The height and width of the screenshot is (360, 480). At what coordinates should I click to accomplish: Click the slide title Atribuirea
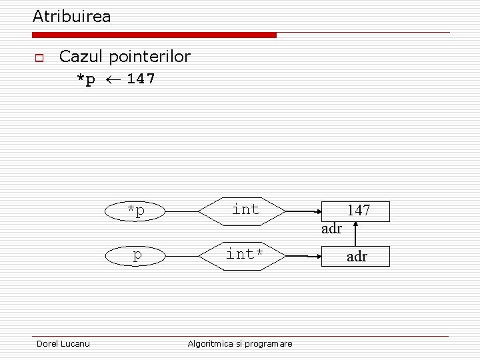click(72, 16)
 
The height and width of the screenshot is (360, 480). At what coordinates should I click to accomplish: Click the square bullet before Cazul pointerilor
click(39, 58)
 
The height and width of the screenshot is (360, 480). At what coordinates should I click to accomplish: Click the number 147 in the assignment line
click(141, 79)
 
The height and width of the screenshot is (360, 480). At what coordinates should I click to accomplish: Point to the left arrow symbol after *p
click(111, 79)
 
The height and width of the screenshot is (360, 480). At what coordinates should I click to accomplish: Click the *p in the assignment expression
click(85, 79)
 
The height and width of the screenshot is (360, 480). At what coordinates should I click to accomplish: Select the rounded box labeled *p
click(137, 211)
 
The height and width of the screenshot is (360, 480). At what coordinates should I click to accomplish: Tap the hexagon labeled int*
click(245, 255)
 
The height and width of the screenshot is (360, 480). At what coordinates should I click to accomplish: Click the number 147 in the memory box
click(359, 210)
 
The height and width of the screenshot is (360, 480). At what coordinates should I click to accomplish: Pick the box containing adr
click(357, 256)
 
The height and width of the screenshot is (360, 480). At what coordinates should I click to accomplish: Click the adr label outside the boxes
click(331, 229)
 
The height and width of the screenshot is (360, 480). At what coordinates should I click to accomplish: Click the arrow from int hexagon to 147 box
click(303, 211)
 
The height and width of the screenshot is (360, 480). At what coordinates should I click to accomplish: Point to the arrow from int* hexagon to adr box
click(303, 256)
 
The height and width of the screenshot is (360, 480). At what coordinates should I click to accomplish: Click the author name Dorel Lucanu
click(63, 343)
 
